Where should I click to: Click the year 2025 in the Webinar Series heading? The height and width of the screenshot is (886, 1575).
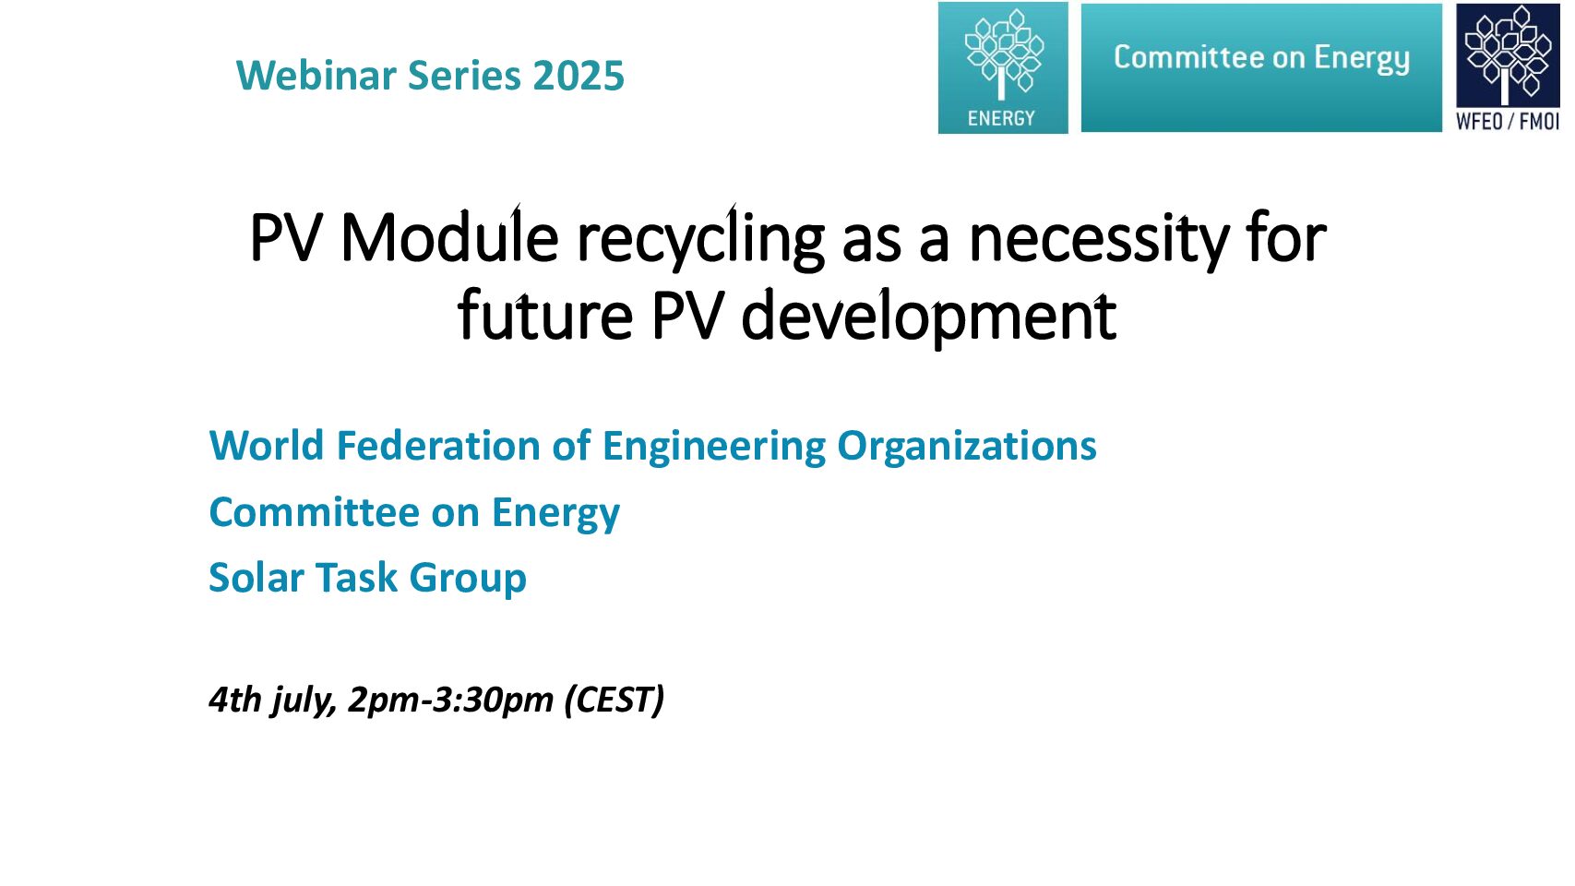(578, 76)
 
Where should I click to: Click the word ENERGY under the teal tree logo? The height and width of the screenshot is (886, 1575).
(1001, 118)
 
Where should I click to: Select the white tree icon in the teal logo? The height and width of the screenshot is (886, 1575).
(1004, 54)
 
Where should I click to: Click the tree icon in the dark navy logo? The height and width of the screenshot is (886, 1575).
(1507, 54)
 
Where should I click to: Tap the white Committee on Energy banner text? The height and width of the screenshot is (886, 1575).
(1261, 57)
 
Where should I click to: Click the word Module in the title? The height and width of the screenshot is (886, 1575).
(449, 237)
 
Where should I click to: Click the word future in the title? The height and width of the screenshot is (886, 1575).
(545, 315)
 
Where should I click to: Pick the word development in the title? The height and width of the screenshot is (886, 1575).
(929, 317)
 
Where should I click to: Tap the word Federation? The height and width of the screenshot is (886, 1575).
(438, 445)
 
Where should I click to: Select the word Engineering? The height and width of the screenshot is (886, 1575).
(713, 448)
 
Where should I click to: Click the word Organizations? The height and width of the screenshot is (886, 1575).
(966, 448)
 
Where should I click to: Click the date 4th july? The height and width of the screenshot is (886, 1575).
(271, 700)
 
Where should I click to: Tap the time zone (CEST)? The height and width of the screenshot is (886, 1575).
(614, 700)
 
